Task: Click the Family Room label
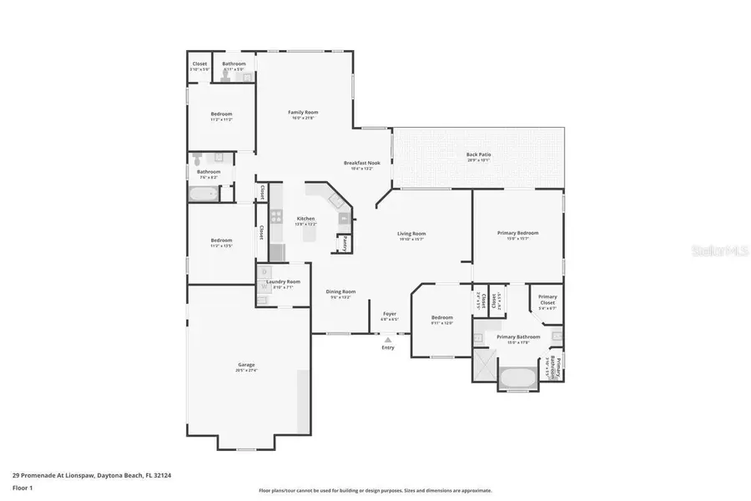(x=303, y=112)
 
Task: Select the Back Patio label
(x=478, y=154)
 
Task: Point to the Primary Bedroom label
(x=517, y=233)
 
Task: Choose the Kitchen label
(x=306, y=218)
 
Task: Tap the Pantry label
(x=342, y=244)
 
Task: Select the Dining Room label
(x=340, y=291)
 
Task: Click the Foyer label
(x=389, y=314)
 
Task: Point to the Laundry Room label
(x=283, y=281)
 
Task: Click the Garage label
(x=246, y=365)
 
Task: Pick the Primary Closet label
(x=547, y=296)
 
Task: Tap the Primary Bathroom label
(x=518, y=337)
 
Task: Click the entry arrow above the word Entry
(x=387, y=340)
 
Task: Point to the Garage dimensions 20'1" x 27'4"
(x=246, y=370)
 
